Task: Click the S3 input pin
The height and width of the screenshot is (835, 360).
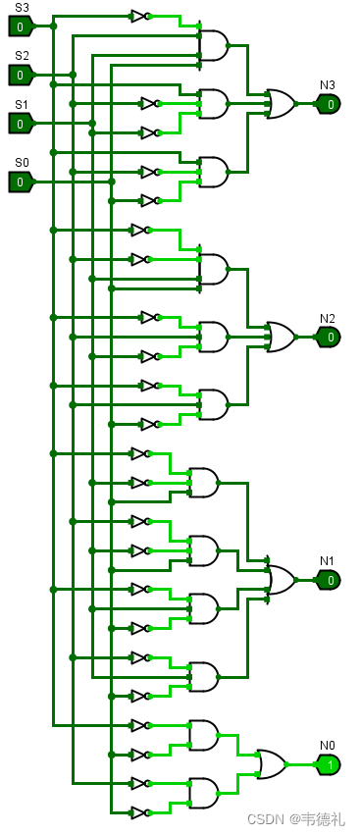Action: tap(21, 26)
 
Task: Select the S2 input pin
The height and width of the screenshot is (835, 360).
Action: tap(21, 75)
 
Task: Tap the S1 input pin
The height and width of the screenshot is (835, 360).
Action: tap(21, 124)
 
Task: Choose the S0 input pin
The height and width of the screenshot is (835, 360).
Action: tap(21, 182)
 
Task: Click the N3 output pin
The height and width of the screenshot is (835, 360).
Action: tap(329, 104)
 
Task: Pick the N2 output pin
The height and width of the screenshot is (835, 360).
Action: tap(329, 337)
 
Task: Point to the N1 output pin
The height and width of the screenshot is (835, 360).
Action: tap(329, 580)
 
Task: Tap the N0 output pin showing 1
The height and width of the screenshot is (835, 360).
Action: tap(329, 764)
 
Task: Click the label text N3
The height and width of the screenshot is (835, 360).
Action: tap(327, 85)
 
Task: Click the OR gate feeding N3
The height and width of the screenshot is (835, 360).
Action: tap(280, 104)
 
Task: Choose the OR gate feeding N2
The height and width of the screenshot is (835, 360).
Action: tap(280, 337)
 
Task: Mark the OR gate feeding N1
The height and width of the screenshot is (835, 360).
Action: tap(280, 580)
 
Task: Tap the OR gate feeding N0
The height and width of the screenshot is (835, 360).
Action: tap(271, 764)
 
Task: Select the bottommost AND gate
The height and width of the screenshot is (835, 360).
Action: tap(203, 793)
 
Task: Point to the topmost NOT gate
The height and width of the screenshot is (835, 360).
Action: tap(139, 17)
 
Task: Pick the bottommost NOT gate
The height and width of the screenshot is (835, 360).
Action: tap(139, 812)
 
